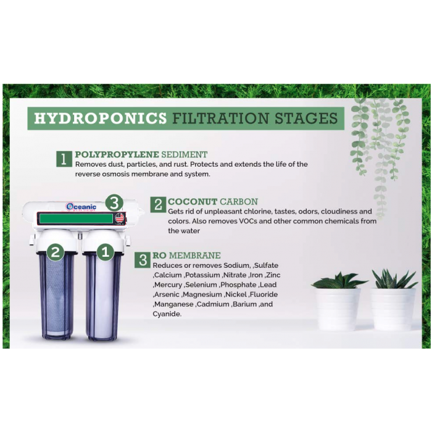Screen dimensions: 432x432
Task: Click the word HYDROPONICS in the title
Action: pyautogui.click(x=100, y=118)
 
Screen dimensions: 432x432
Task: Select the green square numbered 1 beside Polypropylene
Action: pyautogui.click(x=64, y=159)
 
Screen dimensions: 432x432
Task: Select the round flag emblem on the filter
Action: pyautogui.click(x=120, y=218)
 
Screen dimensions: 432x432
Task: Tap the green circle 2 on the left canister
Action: pyautogui.click(x=56, y=252)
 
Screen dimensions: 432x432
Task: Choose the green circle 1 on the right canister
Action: pyautogui.click(x=104, y=252)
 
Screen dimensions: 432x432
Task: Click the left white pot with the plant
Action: pyautogui.click(x=338, y=307)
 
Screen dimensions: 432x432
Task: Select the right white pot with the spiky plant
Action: pyautogui.click(x=393, y=307)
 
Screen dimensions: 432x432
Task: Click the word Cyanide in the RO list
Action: pyautogui.click(x=167, y=314)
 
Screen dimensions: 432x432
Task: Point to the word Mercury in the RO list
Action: pyautogui.click(x=168, y=285)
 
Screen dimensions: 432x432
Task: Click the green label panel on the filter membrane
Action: pyautogui.click(x=75, y=218)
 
